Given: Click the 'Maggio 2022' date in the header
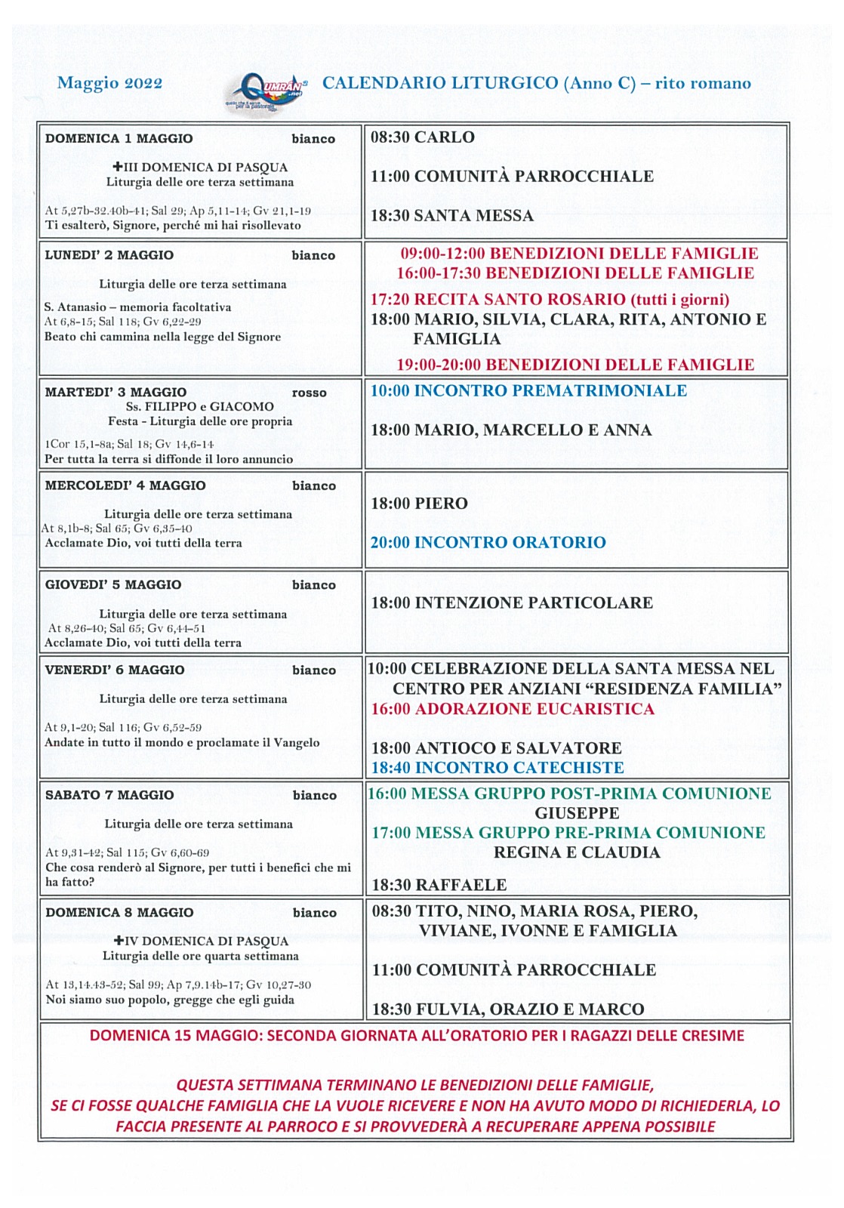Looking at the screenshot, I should tap(109, 83).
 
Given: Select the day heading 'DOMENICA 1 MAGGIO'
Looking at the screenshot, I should tap(119, 139).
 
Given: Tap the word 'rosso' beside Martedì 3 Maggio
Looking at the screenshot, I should tap(310, 393).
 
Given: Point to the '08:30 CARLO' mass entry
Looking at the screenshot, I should tap(422, 137).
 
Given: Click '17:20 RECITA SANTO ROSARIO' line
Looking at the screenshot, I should tap(550, 299).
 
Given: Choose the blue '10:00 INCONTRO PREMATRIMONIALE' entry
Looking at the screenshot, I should tap(528, 391).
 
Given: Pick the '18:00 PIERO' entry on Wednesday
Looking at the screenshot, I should tap(419, 504).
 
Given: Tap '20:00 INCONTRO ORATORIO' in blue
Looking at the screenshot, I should tap(488, 543).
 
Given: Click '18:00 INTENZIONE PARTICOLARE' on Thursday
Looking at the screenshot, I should tap(512, 603).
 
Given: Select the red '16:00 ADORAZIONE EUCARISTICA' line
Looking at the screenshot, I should tap(513, 709).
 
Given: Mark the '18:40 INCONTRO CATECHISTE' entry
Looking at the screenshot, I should tap(497, 768).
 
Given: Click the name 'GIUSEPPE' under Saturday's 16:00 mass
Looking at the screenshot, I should tap(577, 813).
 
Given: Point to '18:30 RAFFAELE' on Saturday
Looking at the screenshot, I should tap(439, 885).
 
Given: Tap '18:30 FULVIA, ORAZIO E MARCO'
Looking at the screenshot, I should tap(508, 1009).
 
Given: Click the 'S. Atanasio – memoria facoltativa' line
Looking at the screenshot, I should tap(137, 307).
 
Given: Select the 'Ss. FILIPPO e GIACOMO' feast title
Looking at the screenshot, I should tap(199, 407).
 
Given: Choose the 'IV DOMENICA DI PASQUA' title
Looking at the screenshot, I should tap(202, 941).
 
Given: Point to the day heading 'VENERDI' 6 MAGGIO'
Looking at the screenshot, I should tap(114, 670).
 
